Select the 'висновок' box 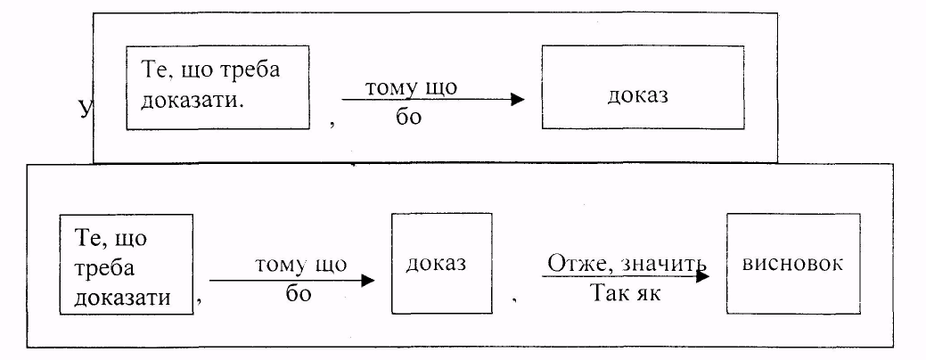point(792,264)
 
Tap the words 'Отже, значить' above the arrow point(624,265)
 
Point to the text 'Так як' point(625,293)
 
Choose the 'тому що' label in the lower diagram point(300,265)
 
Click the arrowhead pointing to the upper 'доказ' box point(518,100)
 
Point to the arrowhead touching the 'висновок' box point(703,277)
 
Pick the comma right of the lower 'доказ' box point(515,303)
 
